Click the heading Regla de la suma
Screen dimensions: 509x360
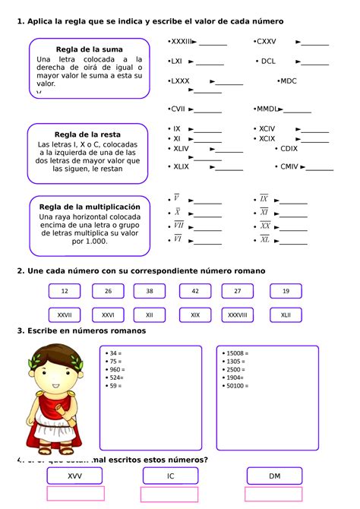point(89,49)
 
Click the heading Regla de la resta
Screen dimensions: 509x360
point(87,134)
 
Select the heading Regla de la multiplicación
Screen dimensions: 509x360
point(90,207)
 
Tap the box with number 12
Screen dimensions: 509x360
point(65,291)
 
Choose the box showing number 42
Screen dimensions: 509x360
point(195,291)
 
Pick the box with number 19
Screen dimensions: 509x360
point(286,291)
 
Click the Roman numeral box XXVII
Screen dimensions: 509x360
point(65,315)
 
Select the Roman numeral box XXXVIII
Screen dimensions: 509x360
point(238,315)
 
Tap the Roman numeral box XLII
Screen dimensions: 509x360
point(286,315)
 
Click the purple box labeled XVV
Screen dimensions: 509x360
point(74,476)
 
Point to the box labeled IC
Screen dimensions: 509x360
point(171,476)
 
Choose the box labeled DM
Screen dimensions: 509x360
point(275,476)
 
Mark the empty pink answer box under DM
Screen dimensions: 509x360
point(275,495)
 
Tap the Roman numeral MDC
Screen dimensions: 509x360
point(288,81)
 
